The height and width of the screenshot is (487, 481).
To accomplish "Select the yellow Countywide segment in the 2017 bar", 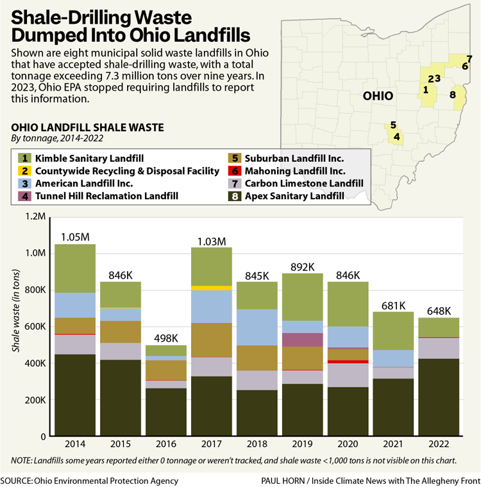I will [x=212, y=288].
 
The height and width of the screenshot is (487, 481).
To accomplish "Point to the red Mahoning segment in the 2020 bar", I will [x=348, y=362].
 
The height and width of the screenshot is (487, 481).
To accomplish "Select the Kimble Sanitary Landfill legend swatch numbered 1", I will [x=24, y=158].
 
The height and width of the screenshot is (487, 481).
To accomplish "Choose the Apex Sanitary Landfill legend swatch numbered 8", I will [x=234, y=196].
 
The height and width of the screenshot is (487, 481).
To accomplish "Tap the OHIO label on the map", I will [x=378, y=96].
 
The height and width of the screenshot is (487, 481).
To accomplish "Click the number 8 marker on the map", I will [x=453, y=95].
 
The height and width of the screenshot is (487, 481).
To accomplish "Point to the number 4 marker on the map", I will [x=397, y=136].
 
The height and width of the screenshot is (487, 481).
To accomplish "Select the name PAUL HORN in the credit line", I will [x=284, y=481].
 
